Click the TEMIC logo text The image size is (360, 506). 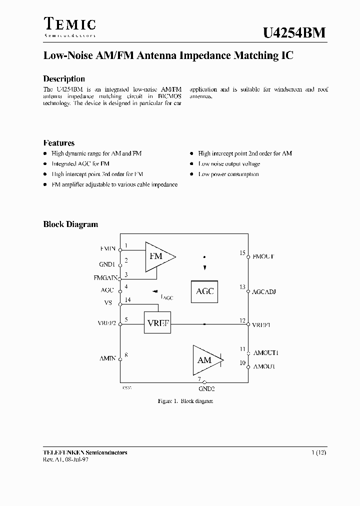[x=69, y=24]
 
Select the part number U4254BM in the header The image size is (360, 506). [x=294, y=32]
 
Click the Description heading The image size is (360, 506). [x=64, y=79]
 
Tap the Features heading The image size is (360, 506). [x=59, y=143]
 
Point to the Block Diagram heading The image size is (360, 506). [x=70, y=224]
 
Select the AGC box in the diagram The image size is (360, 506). [x=204, y=291]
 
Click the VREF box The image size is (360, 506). [x=157, y=323]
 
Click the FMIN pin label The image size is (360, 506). [x=107, y=248]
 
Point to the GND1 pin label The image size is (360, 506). [x=107, y=264]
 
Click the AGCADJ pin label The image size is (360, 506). [x=264, y=290]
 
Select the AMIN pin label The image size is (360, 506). [x=107, y=358]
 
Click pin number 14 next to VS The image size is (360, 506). [x=127, y=299]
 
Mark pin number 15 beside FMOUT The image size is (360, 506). [x=242, y=253]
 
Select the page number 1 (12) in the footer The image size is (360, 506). [x=318, y=452]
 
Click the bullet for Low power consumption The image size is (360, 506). [x=191, y=174]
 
